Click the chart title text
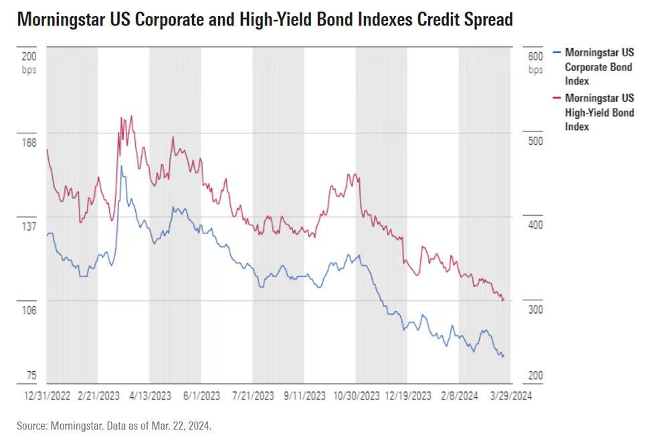(264, 19)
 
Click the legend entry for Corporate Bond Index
(599, 66)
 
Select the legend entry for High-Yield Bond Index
(599, 112)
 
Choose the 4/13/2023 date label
(149, 397)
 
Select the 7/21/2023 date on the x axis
(253, 397)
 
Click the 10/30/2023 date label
(355, 397)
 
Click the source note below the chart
(114, 426)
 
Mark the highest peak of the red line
(131, 116)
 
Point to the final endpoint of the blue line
(503, 355)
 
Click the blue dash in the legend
(557, 52)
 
